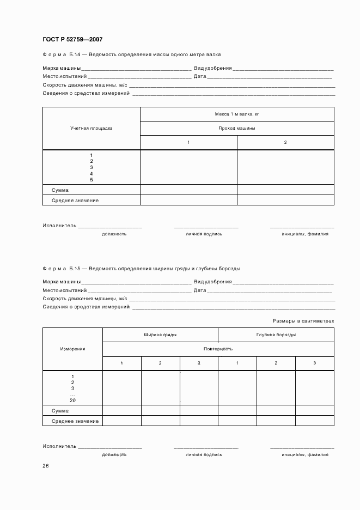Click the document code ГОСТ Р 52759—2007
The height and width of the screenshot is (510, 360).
pyautogui.click(x=72, y=40)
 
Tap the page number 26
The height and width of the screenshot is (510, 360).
pyautogui.click(x=46, y=466)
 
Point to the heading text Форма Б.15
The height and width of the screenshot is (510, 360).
pyautogui.click(x=61, y=269)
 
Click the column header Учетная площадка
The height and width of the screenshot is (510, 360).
pyautogui.click(x=91, y=129)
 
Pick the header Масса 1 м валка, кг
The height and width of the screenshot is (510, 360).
pyautogui.click(x=237, y=114)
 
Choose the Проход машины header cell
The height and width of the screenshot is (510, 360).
pyautogui.click(x=237, y=129)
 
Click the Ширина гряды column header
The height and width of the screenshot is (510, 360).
pyautogui.click(x=160, y=335)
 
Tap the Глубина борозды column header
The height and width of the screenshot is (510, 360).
pyautogui.click(x=276, y=335)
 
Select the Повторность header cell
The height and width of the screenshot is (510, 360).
pyautogui.click(x=218, y=349)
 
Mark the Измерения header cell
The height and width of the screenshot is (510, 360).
pyautogui.click(x=72, y=349)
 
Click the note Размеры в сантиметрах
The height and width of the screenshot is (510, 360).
pyautogui.click(x=303, y=321)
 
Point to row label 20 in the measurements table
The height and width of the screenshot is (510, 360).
pyautogui.click(x=72, y=400)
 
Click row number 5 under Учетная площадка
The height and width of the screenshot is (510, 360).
pyautogui.click(x=91, y=179)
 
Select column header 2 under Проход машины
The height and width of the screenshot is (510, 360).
pyautogui.click(x=285, y=142)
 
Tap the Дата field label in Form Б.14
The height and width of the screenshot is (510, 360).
pyautogui.click(x=200, y=76)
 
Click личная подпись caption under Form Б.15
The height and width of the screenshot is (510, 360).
pyautogui.click(x=204, y=454)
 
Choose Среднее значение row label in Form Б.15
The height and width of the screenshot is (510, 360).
pyautogui.click(x=75, y=421)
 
